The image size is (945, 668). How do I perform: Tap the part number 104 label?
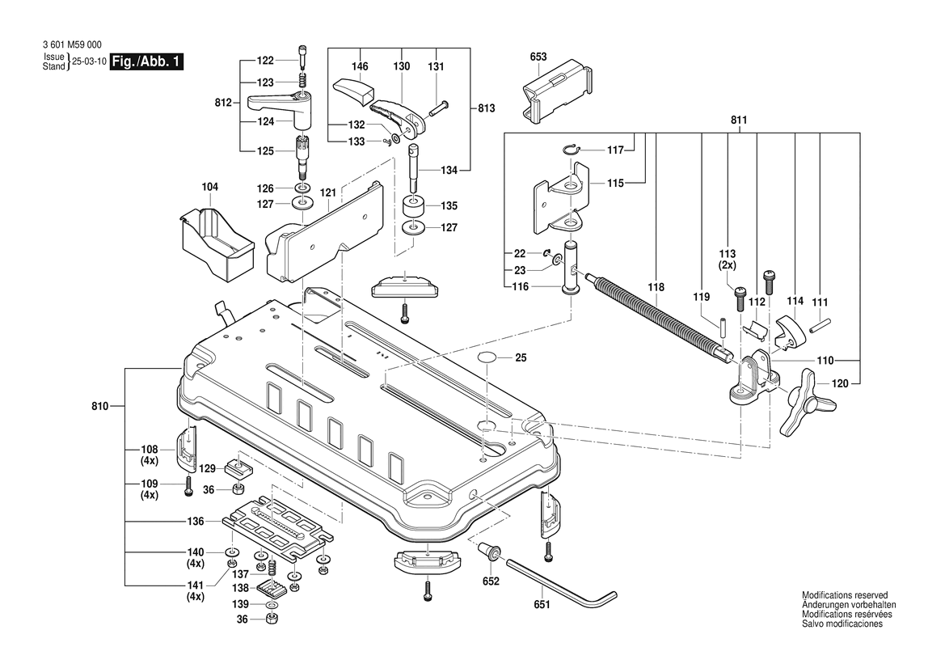209,187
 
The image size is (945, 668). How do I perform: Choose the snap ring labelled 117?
570,150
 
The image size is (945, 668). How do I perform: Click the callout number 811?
737,120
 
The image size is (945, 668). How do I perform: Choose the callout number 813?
486,108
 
